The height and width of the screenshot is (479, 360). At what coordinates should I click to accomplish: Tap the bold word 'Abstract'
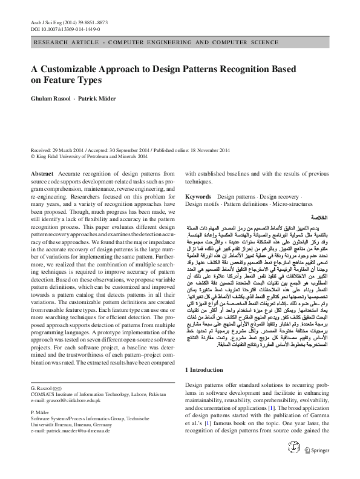pyautogui.click(x=42, y=173)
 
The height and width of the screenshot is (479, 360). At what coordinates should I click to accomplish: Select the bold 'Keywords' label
pyautogui.click(x=198, y=197)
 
